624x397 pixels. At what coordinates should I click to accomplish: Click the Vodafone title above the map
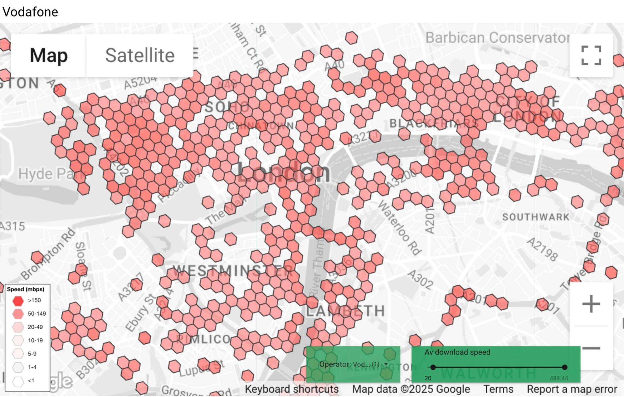[30, 12]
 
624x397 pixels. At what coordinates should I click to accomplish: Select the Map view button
[49, 56]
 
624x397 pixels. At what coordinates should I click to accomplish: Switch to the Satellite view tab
[140, 56]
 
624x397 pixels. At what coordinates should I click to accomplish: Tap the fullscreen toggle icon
[591, 56]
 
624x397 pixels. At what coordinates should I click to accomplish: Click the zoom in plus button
[591, 304]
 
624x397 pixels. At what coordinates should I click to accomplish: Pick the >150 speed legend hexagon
[18, 301]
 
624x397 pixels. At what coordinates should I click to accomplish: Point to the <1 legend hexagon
[18, 381]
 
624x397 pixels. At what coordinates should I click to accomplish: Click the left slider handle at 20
[433, 367]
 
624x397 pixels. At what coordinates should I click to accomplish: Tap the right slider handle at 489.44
[564, 367]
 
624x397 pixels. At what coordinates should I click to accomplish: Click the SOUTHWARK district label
[536, 217]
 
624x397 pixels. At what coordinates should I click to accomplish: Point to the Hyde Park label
[50, 174]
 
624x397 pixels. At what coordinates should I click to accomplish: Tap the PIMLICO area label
[203, 339]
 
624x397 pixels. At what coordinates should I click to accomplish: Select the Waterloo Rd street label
[400, 228]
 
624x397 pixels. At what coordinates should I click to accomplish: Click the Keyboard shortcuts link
[292, 389]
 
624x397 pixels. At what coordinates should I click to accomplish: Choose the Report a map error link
[572, 389]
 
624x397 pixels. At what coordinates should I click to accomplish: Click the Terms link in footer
[498, 389]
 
